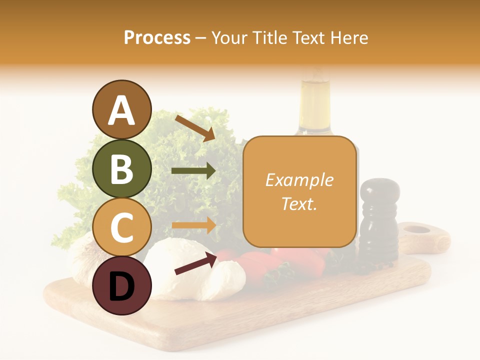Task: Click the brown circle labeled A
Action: [x=121, y=109]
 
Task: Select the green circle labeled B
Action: [x=121, y=168]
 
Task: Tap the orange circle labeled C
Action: [x=121, y=227]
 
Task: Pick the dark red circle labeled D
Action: [x=121, y=285]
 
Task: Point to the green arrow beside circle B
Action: [x=193, y=171]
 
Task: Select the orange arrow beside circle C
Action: [x=193, y=225]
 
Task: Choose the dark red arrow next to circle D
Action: [x=195, y=263]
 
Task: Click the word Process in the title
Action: [x=157, y=37]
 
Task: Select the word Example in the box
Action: [x=299, y=180]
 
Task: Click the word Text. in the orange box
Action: [x=299, y=203]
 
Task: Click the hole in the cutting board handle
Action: [x=416, y=230]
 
